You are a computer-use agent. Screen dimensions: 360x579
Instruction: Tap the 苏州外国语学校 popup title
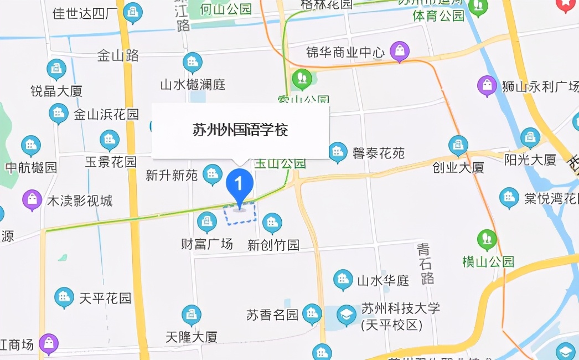[240, 131]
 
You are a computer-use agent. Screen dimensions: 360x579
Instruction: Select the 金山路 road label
[118, 55]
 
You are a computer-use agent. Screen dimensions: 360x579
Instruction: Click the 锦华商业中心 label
[345, 53]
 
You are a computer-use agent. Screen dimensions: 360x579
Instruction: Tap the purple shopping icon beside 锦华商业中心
[399, 51]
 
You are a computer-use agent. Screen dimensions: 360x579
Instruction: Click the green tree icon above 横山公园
[487, 239]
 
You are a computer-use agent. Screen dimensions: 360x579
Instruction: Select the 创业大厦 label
[458, 167]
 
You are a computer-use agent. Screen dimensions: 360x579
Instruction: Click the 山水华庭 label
[383, 281]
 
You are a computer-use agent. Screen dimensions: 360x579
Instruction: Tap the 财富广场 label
[207, 244]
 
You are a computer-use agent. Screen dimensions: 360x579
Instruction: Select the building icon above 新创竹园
[272, 223]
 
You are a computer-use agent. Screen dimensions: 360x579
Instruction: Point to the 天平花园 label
[105, 299]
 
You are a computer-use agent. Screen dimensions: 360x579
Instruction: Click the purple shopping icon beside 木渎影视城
[32, 199]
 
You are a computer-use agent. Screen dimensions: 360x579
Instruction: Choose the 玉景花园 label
[111, 162]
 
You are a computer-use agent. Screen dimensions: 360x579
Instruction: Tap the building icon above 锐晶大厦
[56, 69]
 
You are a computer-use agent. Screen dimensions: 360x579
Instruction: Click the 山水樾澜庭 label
[193, 85]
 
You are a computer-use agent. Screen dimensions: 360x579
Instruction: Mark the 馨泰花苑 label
[379, 153]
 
